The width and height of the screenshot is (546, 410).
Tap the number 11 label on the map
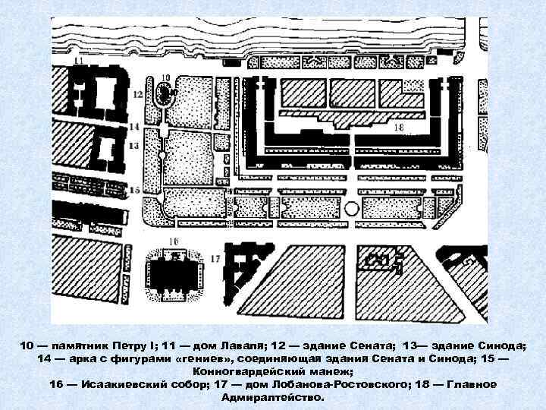[80, 59]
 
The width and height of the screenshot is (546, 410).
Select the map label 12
[137, 94]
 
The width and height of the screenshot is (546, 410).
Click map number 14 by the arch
[133, 126]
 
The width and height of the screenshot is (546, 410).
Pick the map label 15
[135, 189]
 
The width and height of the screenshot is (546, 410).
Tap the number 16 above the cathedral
[174, 241]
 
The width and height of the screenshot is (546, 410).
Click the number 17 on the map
[216, 259]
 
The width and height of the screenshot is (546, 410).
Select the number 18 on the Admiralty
[398, 126]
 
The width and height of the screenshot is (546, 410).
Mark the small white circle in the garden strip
[351, 207]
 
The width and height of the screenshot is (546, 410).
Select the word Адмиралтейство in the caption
[273, 397]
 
